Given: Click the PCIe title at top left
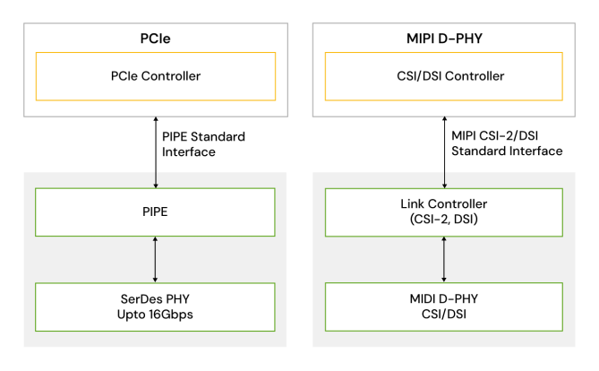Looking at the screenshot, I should [156, 39].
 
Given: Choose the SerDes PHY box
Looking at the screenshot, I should [156, 306].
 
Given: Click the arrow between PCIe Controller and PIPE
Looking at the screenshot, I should [156, 152].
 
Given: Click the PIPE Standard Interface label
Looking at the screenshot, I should [203, 144].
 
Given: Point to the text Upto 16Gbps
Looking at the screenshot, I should [156, 315].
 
